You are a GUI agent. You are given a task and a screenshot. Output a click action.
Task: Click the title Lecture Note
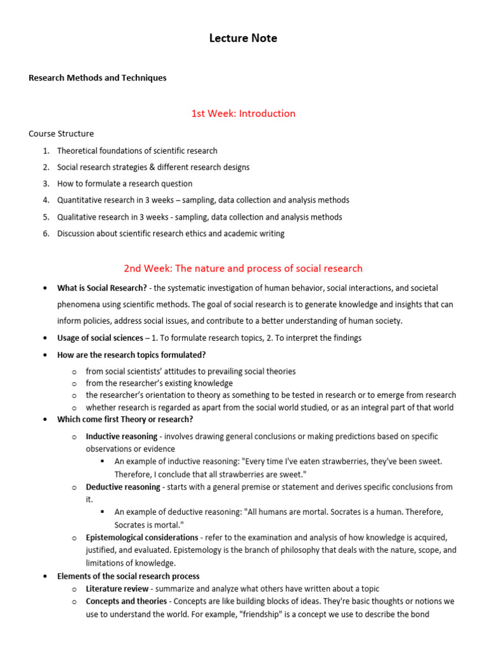[x=243, y=39]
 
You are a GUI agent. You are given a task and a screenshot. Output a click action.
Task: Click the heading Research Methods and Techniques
[x=98, y=78]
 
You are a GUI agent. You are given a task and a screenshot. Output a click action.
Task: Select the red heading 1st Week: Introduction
[x=243, y=114]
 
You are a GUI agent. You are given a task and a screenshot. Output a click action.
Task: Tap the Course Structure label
[x=61, y=134]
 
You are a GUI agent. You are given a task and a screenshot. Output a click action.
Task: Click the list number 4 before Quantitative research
[x=46, y=200]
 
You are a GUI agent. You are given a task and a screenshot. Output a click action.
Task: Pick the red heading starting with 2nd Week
[x=243, y=269]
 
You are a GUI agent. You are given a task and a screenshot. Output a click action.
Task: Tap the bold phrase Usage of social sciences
[x=100, y=338]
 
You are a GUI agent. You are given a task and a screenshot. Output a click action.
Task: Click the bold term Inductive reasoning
[x=122, y=437]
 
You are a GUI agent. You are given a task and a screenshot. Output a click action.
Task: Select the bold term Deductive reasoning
[x=123, y=487]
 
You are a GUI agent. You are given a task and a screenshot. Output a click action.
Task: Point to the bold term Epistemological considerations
[x=142, y=538]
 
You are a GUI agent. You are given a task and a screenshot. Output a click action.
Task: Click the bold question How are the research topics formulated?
[x=131, y=355]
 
